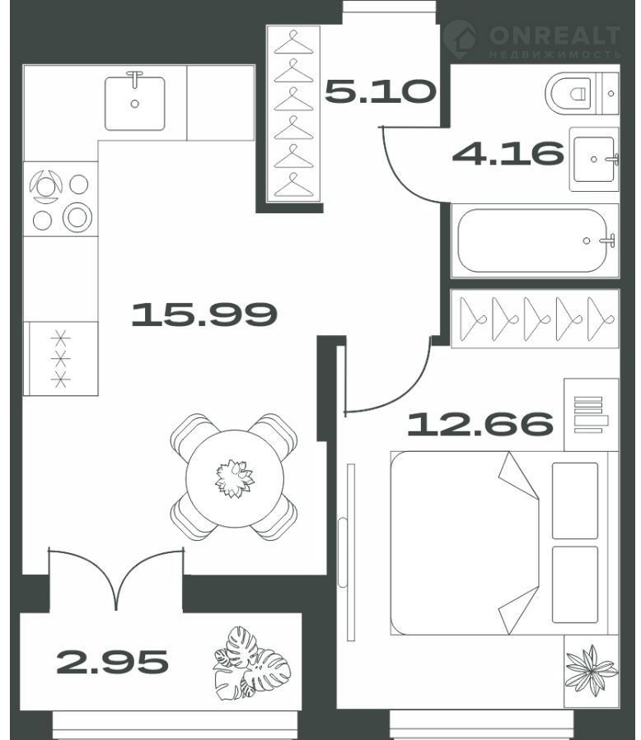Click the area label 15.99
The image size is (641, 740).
pos(204,314)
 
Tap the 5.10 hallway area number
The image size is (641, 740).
pos(381,91)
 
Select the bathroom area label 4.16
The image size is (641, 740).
pos(508,153)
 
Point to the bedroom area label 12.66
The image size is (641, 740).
pos(480,423)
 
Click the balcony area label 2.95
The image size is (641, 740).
pos(112,662)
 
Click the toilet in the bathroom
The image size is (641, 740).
pos(582,94)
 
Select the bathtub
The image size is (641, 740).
pos(535,240)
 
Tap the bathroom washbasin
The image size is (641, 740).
pos(594,159)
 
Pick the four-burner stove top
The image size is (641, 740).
pos(60,199)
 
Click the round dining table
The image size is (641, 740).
pos(235,478)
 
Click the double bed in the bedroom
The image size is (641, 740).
pos(504,543)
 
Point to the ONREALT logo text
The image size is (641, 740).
pos(554,36)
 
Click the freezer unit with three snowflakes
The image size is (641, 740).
pos(60,359)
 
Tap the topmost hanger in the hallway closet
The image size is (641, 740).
pos(294,43)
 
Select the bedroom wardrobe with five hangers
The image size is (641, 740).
pos(535,319)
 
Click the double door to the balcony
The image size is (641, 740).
pos(115,578)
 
